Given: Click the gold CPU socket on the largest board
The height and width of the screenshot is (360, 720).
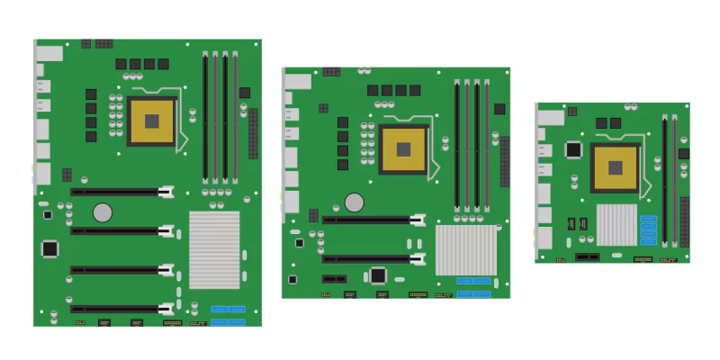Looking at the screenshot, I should pos(153,121).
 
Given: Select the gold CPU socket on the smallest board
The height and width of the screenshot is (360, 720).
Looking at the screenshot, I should pos(616,167).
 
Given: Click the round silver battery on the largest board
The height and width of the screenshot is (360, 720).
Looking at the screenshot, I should pos(103,212).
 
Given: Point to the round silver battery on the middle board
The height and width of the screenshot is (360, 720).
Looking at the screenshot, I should pos(355,202).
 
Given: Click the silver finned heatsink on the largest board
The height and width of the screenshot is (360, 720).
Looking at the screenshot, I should pos(214,249).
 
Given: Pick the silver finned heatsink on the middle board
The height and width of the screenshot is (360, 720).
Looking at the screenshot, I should pos(465,249).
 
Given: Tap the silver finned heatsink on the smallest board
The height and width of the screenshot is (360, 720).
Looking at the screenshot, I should pos(616,224).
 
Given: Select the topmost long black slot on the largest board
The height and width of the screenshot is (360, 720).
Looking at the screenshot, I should pos(121,192).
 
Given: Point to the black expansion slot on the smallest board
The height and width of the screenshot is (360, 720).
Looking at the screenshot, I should pos(588,256).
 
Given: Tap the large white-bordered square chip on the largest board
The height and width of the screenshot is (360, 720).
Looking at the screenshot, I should pos(50,247).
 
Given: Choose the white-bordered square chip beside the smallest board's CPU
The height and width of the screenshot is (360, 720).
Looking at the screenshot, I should pos(572,149).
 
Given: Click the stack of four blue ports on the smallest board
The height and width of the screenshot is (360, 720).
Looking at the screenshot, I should pos(649,229).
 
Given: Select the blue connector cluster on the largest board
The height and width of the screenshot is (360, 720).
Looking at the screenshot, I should pos(228,315).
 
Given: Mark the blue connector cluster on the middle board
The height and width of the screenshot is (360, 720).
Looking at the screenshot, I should pos(473,286).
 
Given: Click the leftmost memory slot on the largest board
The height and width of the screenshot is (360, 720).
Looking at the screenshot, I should pos(205,117).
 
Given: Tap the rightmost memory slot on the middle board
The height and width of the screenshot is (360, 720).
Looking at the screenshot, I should pos(486,145).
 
